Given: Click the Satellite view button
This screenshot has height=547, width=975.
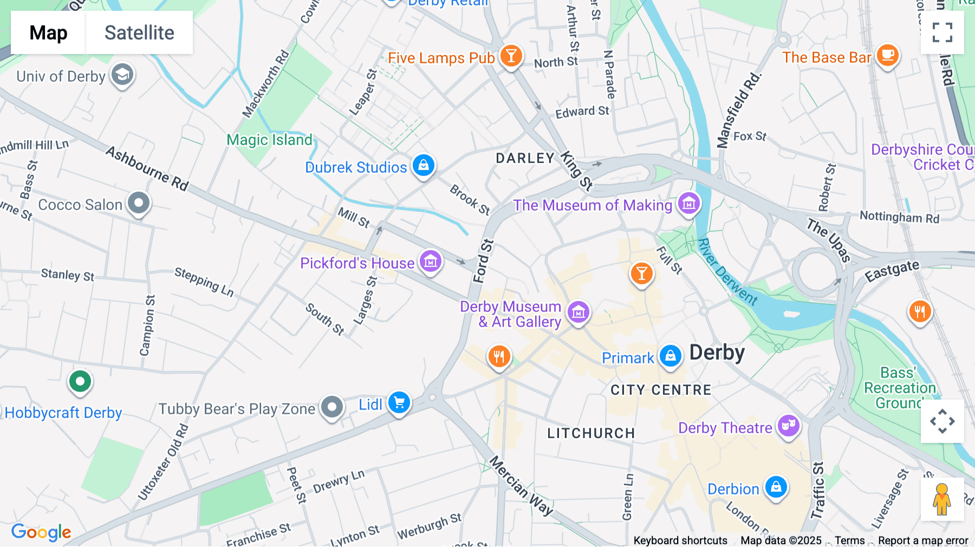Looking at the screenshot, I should [x=139, y=32].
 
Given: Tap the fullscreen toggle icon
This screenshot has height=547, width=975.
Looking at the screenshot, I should [x=942, y=32].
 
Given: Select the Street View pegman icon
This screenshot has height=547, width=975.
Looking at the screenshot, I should [x=942, y=499].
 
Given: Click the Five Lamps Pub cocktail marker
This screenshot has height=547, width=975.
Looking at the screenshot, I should [x=511, y=55].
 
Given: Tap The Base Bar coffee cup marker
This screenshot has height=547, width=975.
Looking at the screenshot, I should [x=887, y=55].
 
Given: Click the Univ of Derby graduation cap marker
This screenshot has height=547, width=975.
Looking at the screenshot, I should [x=122, y=75].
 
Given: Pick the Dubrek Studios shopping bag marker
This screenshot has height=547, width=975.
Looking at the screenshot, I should [x=424, y=165].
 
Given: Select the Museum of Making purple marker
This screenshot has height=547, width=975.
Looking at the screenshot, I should [x=688, y=204].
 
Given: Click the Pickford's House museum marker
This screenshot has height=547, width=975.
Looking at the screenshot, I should [x=431, y=262].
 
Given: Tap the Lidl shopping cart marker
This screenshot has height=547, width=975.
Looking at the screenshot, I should [x=399, y=402].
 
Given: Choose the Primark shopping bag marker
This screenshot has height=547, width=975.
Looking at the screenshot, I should [x=670, y=356].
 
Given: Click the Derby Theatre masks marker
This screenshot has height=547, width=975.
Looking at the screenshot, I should [x=788, y=426].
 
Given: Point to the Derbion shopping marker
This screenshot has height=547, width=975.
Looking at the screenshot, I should [x=776, y=486].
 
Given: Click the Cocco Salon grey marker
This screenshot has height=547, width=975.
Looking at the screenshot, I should [x=139, y=203].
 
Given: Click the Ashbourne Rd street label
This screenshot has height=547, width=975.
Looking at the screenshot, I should [x=147, y=168].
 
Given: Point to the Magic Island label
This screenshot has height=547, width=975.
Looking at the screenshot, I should [x=269, y=140].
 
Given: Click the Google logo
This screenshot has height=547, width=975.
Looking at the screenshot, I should [x=41, y=532].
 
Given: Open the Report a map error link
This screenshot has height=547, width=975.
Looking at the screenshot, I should [x=923, y=541].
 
